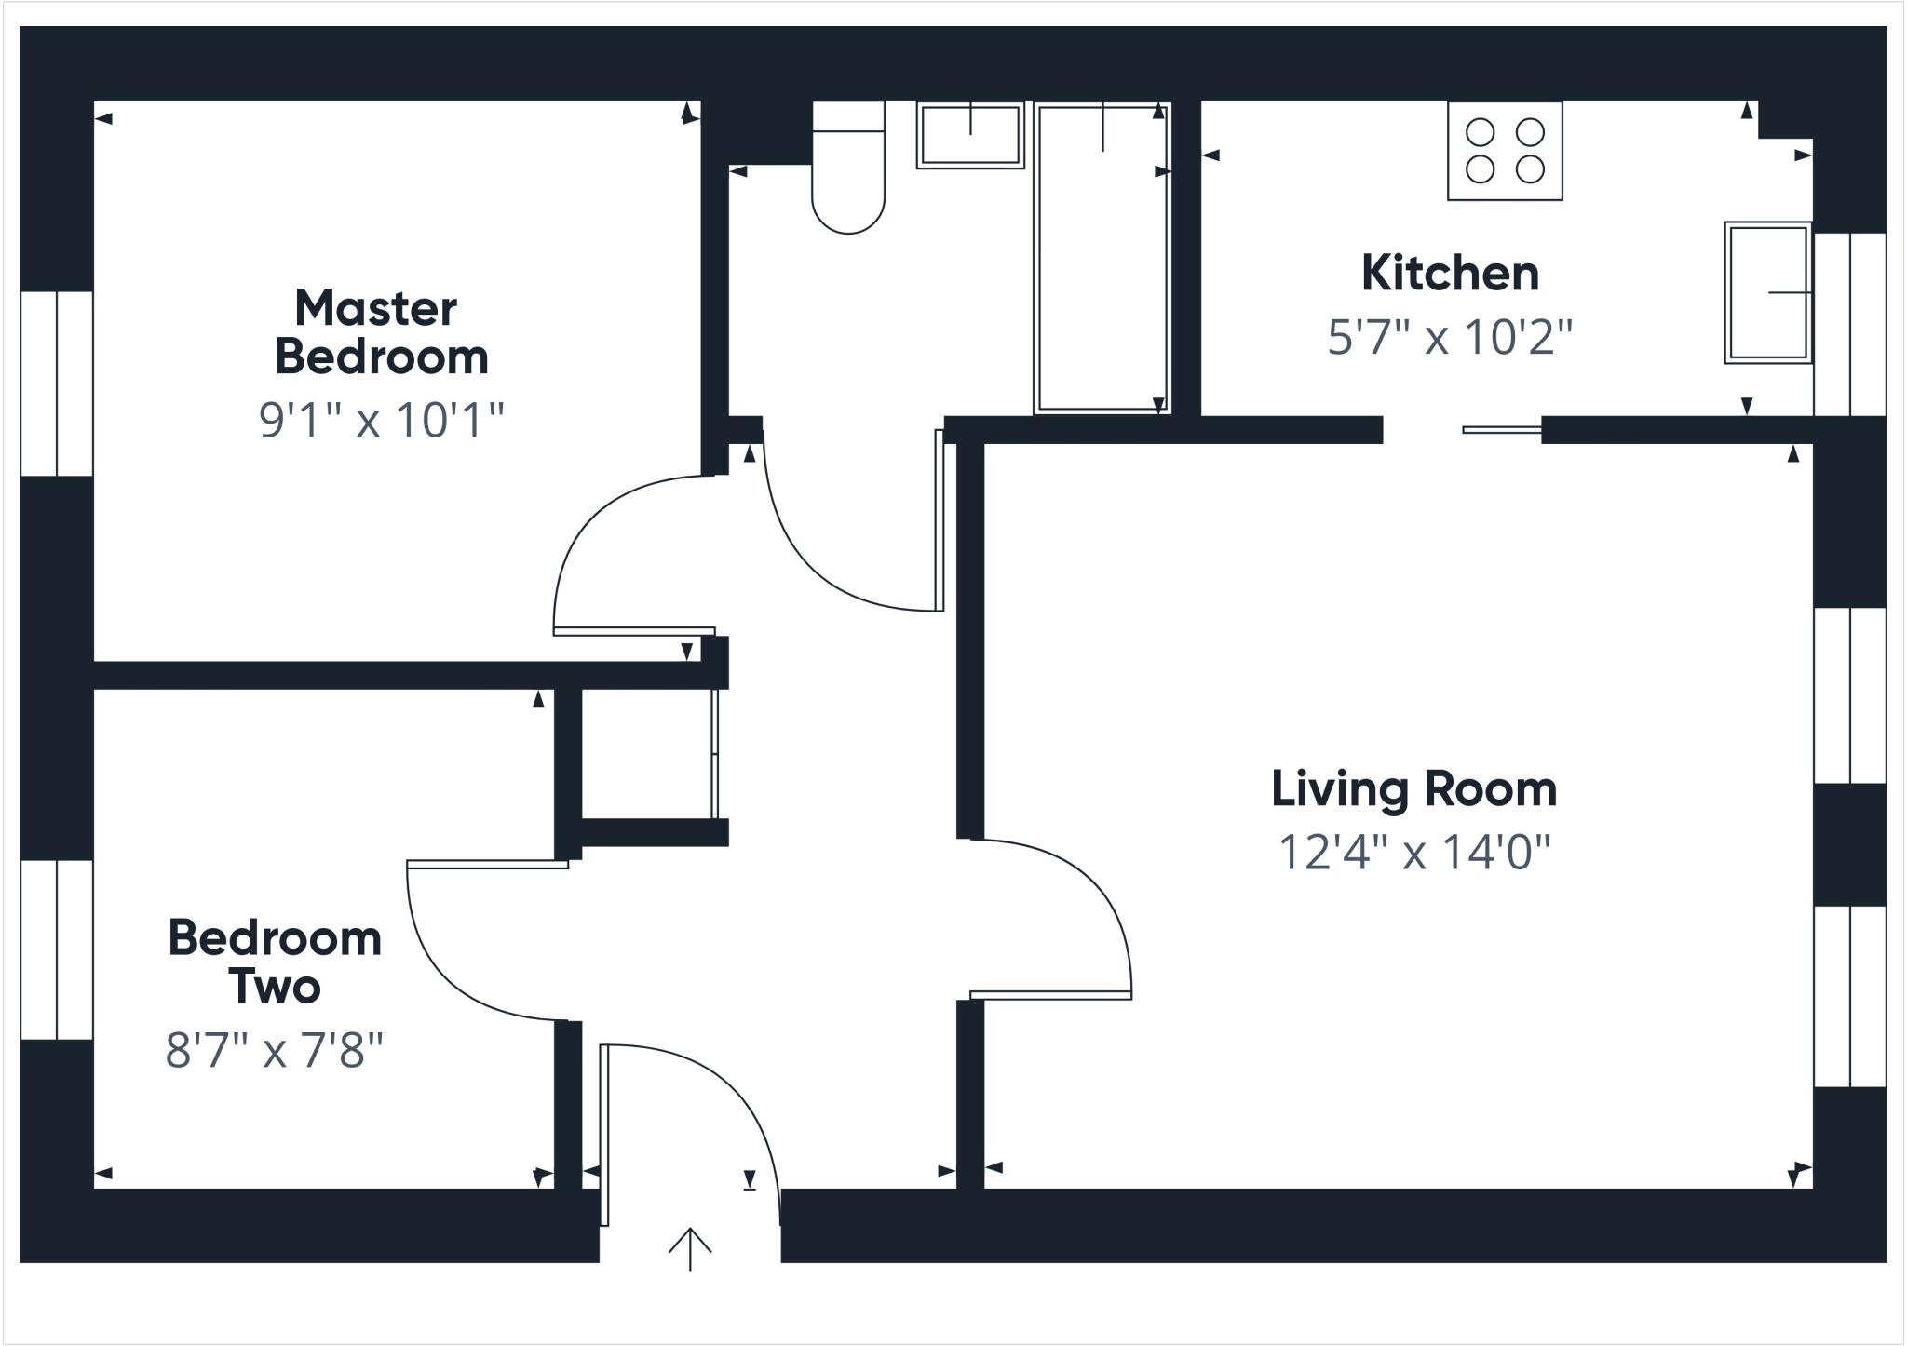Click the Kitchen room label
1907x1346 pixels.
[x=1449, y=274]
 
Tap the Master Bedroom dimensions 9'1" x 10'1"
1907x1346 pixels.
[x=381, y=420]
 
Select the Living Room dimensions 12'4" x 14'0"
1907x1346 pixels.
[x=1413, y=851]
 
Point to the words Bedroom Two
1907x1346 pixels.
[x=275, y=962]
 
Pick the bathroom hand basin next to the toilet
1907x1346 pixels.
[x=970, y=136]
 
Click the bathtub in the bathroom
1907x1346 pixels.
[x=1102, y=259]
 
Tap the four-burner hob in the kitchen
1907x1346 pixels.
[x=1505, y=151]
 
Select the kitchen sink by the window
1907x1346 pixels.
[x=1766, y=292]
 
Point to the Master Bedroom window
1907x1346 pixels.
[x=56, y=384]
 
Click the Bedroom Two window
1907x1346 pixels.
[x=56, y=949]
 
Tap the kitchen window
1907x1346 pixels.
[x=1850, y=324]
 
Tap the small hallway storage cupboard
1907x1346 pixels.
[x=647, y=754]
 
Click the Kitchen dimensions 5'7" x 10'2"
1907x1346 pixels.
[x=1449, y=337]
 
